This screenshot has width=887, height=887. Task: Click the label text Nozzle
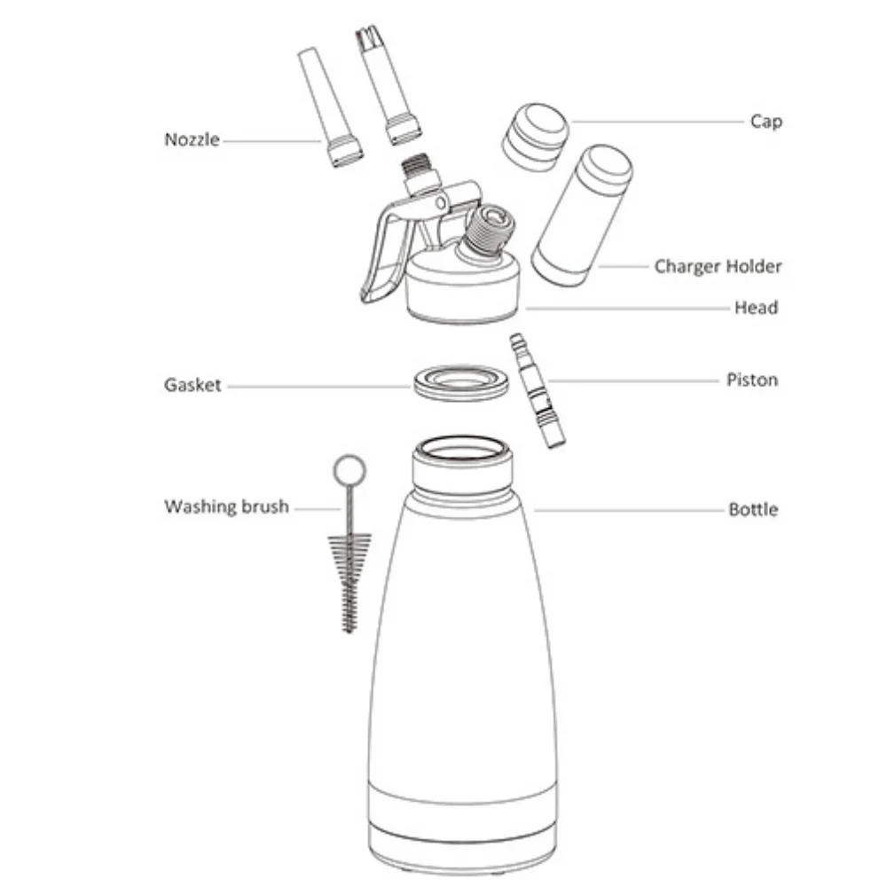[192, 139]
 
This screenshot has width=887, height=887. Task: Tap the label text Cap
[766, 122]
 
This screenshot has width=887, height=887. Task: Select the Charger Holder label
[718, 266]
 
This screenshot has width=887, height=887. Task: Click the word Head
[757, 308]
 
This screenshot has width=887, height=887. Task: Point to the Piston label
[752, 380]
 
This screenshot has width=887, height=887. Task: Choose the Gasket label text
[192, 385]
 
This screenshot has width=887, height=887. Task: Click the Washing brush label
[227, 506]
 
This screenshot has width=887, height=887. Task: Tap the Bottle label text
[753, 510]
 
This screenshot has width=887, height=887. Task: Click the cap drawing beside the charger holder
[535, 137]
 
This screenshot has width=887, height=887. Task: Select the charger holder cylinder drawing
[582, 215]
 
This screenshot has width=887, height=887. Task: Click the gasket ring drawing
[461, 382]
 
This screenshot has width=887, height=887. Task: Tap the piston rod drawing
[538, 390]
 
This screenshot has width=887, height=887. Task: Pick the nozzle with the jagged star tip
[389, 85]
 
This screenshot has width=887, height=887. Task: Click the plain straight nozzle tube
[330, 106]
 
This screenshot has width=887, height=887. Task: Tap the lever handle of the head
[387, 252]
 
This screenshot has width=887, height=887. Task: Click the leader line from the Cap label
[657, 122]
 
